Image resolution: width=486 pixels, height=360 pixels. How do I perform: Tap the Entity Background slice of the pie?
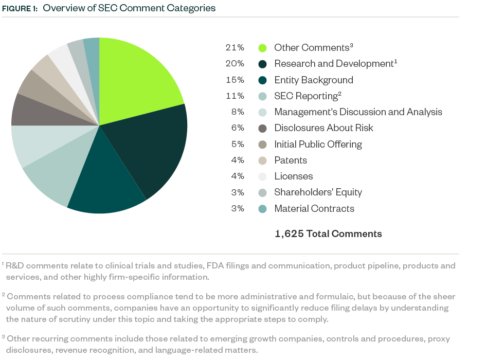tap(105, 185)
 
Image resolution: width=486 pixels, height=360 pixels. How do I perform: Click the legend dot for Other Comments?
tap(262, 48)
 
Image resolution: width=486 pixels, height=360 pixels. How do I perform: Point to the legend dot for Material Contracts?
tap(262, 209)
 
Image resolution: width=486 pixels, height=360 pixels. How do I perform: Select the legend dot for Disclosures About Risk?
tap(262, 128)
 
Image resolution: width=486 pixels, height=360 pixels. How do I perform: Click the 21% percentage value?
tap(235, 48)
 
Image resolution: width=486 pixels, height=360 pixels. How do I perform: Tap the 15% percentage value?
tap(235, 80)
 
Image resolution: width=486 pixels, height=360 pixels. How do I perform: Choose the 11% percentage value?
tap(235, 96)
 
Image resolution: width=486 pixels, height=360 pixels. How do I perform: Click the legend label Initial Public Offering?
tap(318, 145)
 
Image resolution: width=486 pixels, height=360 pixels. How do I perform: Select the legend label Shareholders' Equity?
tap(318, 192)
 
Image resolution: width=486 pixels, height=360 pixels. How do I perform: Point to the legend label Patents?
tap(291, 160)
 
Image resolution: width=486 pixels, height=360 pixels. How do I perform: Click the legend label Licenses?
tap(293, 176)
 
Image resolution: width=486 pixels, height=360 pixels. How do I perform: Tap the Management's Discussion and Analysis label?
tap(358, 112)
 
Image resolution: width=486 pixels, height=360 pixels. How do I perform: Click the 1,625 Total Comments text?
tap(328, 234)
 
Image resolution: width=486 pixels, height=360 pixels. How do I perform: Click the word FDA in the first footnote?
tap(215, 266)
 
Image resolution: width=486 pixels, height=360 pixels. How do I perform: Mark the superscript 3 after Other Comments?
tap(351, 45)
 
